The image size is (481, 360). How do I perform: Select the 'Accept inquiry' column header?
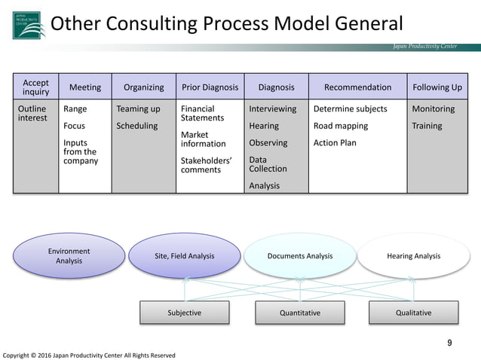(35, 87)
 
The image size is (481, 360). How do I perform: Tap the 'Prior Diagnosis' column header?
(210, 87)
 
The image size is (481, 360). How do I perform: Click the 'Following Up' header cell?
(437, 87)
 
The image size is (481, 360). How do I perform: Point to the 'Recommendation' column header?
(357, 87)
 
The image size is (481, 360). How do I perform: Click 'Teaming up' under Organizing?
(138, 109)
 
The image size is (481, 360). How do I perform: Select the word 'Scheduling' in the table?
(136, 126)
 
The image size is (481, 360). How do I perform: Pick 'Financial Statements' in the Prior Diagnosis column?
(202, 114)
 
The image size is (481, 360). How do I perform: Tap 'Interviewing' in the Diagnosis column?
(272, 109)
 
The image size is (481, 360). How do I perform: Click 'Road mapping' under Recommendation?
(341, 126)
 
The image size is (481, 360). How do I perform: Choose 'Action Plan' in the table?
(335, 143)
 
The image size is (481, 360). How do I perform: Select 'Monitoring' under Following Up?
(433, 109)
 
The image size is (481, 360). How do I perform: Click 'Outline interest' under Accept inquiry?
(32, 114)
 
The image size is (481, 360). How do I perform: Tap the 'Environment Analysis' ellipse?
(69, 256)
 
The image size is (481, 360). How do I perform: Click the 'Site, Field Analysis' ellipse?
(184, 256)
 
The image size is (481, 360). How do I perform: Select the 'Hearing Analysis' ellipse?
(413, 256)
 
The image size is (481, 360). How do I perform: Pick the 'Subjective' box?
(184, 313)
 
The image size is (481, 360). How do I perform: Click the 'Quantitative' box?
(300, 313)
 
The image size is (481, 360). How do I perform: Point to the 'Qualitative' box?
(413, 313)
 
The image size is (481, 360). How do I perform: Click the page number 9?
(450, 343)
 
